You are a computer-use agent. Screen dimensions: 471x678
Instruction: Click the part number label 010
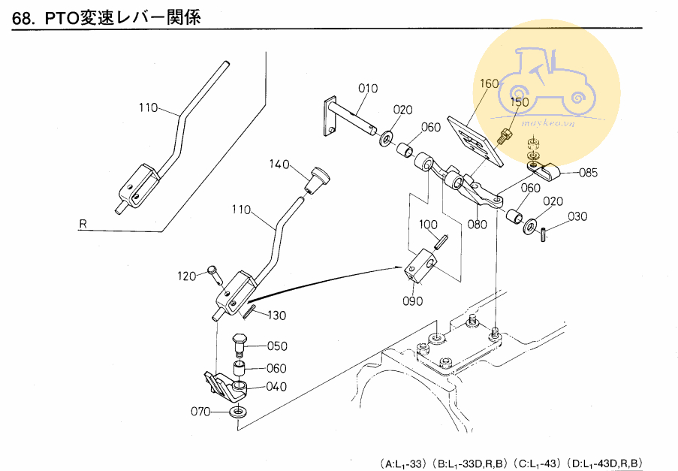367,88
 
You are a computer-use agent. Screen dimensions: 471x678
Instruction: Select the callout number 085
588,173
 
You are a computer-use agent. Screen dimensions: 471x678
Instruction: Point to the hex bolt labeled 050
238,346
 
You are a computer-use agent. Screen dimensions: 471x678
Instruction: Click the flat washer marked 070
240,412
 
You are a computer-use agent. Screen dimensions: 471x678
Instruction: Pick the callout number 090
412,301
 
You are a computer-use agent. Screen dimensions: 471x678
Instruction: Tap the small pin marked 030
543,234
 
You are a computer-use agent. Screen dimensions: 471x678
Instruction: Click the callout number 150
520,101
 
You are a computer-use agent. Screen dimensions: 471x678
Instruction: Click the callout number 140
280,165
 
